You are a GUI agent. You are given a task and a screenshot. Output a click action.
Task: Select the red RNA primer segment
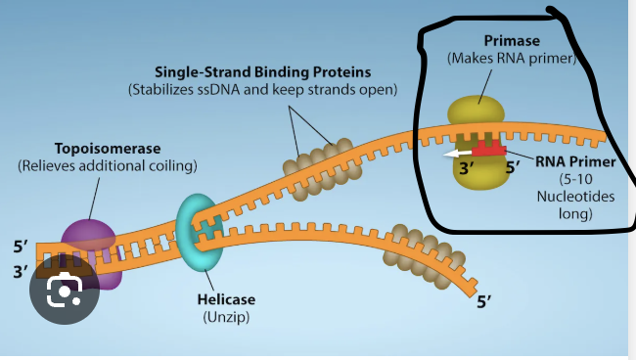coord(492,150)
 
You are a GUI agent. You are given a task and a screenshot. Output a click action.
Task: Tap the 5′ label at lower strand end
coord(486,302)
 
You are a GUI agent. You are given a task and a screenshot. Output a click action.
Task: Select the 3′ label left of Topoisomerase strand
coord(21,272)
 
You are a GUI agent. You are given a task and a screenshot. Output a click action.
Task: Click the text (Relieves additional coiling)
coord(107,166)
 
